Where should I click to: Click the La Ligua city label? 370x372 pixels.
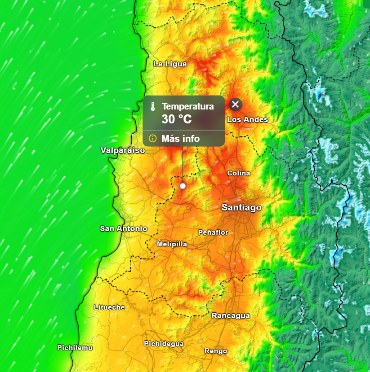[x=170, y=64]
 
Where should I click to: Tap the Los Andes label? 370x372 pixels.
[x=247, y=119]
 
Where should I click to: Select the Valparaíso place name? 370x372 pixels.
[x=123, y=150]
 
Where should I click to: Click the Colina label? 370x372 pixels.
[x=239, y=173]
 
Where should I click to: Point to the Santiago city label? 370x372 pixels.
[x=241, y=207]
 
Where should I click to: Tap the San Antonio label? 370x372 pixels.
[x=124, y=228]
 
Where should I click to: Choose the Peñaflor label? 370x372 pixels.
[x=213, y=232]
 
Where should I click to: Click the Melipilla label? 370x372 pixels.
[x=172, y=244]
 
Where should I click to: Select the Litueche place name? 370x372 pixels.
[x=109, y=307]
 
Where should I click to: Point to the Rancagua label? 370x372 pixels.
[x=231, y=315]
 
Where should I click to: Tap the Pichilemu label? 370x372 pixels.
[x=75, y=347]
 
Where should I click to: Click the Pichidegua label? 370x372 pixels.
[x=164, y=344]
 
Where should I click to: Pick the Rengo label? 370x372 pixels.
[x=216, y=351]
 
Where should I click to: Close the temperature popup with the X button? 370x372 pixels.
[x=236, y=105]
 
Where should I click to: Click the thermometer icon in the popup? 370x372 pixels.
[x=153, y=107]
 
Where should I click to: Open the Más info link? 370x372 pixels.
[x=180, y=139]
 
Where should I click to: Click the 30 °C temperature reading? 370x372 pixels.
[x=176, y=119]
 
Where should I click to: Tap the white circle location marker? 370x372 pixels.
[x=183, y=186]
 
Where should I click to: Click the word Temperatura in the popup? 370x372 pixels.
[x=187, y=107]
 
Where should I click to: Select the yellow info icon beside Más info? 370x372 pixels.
[x=152, y=138]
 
